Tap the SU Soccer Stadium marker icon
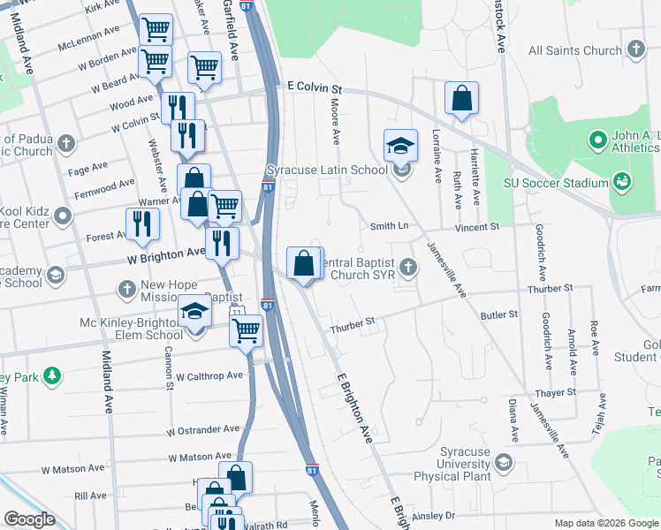tap(623, 183)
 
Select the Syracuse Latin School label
tap(327, 170)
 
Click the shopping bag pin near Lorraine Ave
tap(461, 100)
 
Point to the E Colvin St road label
tap(315, 89)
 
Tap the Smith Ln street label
tap(389, 226)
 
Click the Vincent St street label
tap(477, 227)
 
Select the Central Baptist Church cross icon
tap(407, 265)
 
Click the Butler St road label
tap(498, 314)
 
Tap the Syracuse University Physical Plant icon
tap(504, 462)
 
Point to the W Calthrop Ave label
tap(209, 376)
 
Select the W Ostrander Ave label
tap(202, 430)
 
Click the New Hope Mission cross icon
tap(126, 289)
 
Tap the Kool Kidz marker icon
tap(63, 216)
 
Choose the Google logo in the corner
tap(29, 519)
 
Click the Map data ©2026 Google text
tap(605, 523)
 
